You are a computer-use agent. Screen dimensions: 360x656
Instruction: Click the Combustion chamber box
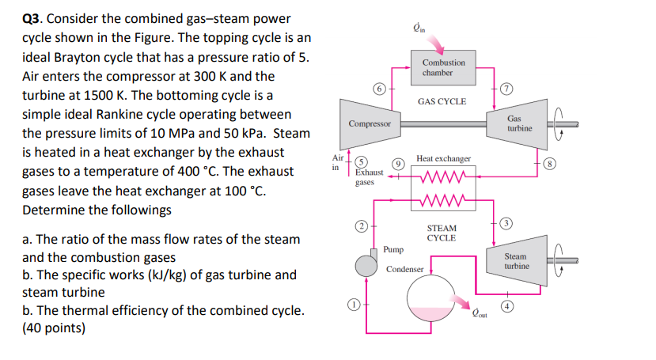tap(443, 66)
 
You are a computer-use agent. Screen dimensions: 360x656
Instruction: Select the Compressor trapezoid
tap(370, 124)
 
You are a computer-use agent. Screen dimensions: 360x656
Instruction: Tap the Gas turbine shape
tap(519, 124)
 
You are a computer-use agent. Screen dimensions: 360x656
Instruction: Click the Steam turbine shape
tap(517, 261)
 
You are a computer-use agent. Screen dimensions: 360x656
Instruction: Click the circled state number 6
tap(379, 89)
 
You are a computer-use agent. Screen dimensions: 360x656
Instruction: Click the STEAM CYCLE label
tap(442, 233)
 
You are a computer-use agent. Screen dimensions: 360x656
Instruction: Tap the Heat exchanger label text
tap(443, 158)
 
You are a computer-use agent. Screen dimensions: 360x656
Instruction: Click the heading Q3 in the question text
tap(33, 18)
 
